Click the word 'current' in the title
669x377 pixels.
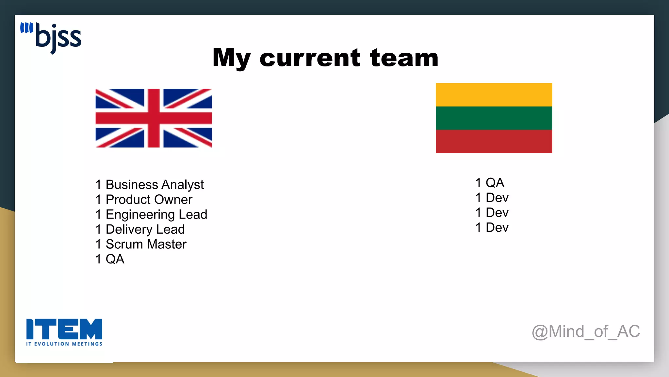310,58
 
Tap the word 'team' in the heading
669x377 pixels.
404,58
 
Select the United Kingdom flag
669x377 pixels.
154,118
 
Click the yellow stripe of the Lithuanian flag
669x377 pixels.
494,95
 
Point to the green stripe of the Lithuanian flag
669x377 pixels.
494,118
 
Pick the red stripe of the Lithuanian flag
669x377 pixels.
494,141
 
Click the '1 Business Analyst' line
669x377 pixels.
149,185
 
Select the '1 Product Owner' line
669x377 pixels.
144,199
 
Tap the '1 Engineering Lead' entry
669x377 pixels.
151,214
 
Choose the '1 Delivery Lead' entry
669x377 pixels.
140,229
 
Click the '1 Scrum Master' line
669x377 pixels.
141,244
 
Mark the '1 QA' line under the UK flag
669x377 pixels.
110,259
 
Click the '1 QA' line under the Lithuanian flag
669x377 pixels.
490,183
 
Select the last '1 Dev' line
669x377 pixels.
492,227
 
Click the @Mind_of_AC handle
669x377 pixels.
586,332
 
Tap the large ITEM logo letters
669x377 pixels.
64,329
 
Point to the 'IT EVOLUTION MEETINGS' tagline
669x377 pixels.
64,344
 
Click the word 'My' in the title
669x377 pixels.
232,58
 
